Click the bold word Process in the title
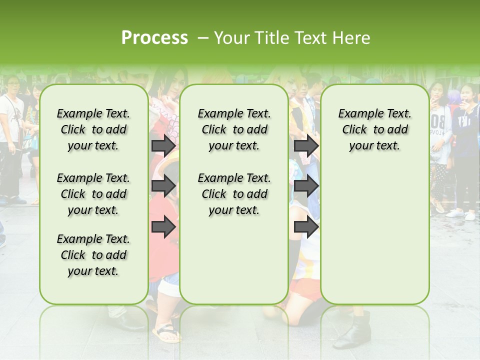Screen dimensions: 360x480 (x=154, y=37)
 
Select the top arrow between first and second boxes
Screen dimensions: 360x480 (x=163, y=146)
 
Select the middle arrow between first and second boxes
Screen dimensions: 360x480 (x=163, y=186)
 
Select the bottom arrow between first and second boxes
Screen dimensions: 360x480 (x=163, y=227)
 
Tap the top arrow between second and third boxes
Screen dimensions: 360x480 (x=306, y=146)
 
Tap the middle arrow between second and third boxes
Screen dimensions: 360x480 (x=306, y=186)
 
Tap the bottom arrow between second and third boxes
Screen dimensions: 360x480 (x=306, y=227)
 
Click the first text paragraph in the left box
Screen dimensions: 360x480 (x=93, y=129)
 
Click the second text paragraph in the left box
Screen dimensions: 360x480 (x=93, y=194)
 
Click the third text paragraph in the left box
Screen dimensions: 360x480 (x=93, y=255)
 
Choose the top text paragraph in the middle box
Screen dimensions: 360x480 (x=234, y=129)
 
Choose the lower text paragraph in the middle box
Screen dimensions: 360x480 (x=234, y=194)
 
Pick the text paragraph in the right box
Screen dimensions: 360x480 (x=374, y=129)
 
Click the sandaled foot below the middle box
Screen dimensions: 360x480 (x=167, y=333)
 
